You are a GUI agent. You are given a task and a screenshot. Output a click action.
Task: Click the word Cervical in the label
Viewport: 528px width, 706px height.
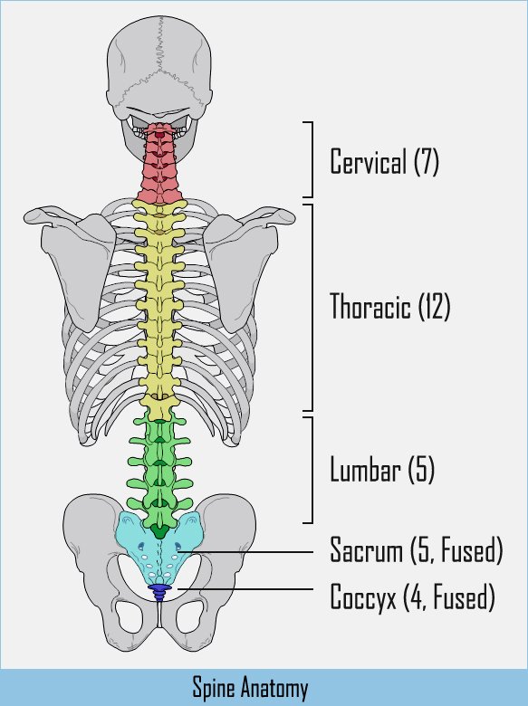[x=368, y=161]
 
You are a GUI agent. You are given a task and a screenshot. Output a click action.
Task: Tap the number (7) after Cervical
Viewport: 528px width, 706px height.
[x=427, y=161]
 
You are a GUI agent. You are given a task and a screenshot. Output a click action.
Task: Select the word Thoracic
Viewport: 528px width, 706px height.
[x=370, y=306]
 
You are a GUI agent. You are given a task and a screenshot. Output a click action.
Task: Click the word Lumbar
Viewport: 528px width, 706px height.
[x=365, y=469]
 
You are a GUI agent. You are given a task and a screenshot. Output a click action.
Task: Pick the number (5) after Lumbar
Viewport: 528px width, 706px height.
[x=421, y=469]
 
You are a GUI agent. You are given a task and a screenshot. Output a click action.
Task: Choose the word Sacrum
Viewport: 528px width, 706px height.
[x=366, y=549]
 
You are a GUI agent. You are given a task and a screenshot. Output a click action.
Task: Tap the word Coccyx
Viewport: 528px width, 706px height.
[x=363, y=597]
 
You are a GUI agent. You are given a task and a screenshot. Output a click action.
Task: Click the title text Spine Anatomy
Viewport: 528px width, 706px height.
[x=251, y=689]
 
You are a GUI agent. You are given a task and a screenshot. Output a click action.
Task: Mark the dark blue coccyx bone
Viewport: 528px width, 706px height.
[x=159, y=592]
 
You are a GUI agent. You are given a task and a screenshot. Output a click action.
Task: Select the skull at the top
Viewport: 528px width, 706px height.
[x=158, y=77]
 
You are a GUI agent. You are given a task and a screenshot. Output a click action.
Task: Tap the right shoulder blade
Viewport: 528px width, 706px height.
[x=241, y=265]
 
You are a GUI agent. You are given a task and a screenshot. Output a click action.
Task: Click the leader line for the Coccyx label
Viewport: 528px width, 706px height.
[x=245, y=589]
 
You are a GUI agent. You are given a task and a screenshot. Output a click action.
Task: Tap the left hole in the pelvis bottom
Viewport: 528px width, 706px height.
[x=130, y=615]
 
